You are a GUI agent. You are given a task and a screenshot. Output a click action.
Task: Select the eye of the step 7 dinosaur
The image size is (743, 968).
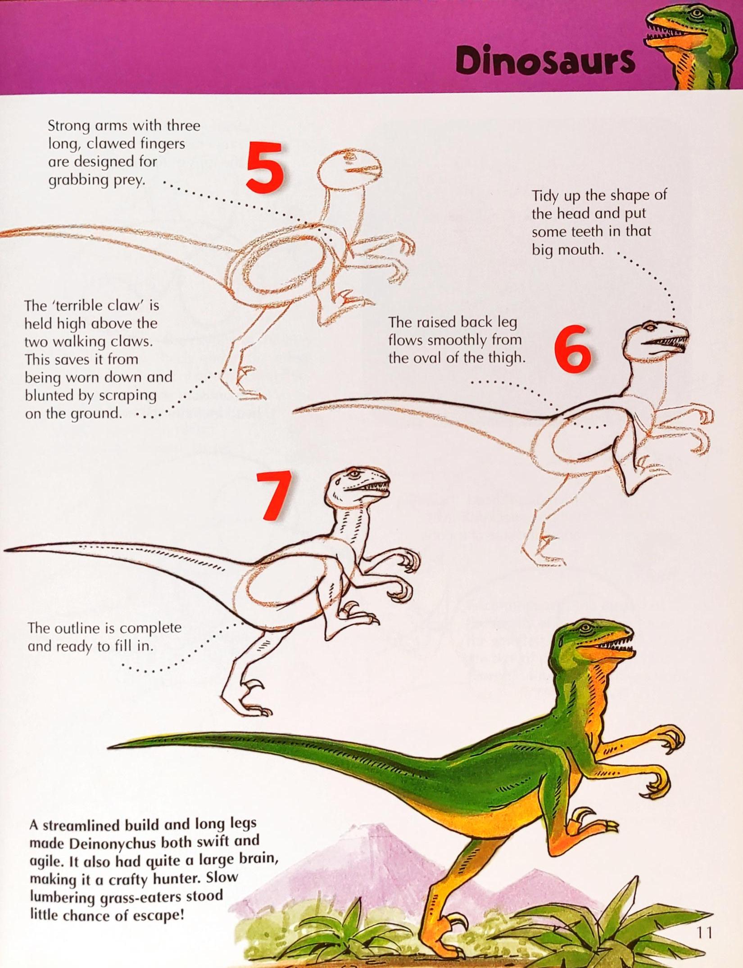click(355, 474)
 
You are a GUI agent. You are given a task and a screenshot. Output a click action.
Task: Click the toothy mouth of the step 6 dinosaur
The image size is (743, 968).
click(666, 342)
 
